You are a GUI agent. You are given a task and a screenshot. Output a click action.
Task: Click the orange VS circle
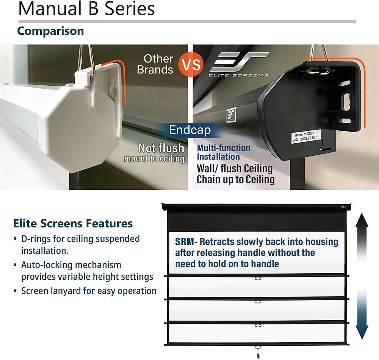[191, 64]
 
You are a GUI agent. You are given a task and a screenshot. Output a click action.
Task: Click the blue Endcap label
[189, 130]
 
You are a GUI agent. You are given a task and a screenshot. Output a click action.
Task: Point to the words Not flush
[161, 147]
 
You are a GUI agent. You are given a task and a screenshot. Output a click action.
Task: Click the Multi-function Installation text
[224, 152]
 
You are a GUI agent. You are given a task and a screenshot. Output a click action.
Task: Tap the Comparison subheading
[50, 31]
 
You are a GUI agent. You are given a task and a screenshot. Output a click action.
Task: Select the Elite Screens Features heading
[73, 223]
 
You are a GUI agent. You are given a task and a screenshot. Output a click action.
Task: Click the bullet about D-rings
[80, 244]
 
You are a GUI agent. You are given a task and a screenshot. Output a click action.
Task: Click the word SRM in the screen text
[185, 242]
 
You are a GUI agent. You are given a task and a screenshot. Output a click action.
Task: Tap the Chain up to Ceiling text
[235, 180]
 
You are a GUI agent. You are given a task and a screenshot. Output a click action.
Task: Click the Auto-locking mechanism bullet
[87, 271]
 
